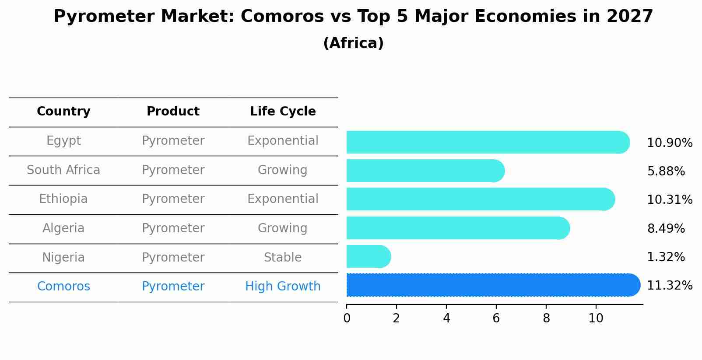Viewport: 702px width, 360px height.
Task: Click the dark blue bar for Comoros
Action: click(x=492, y=285)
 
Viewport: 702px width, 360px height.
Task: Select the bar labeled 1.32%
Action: click(x=368, y=256)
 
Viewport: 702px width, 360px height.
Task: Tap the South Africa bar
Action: click(x=425, y=171)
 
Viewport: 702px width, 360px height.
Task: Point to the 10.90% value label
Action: click(x=669, y=143)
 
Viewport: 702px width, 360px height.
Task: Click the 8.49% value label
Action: click(x=666, y=228)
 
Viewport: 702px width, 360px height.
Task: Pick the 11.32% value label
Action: click(x=669, y=286)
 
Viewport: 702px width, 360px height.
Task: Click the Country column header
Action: click(x=63, y=112)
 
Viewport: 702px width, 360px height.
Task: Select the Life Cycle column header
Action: click(x=283, y=112)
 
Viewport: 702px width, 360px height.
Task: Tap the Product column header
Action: click(x=173, y=112)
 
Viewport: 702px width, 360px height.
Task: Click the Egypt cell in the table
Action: click(x=63, y=141)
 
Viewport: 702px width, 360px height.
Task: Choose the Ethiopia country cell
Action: click(x=63, y=199)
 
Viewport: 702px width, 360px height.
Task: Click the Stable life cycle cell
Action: click(x=283, y=257)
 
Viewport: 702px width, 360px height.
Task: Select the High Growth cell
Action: click(x=283, y=287)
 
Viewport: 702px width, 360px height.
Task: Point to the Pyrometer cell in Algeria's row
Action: click(x=173, y=228)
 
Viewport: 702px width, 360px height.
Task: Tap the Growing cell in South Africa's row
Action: click(x=283, y=170)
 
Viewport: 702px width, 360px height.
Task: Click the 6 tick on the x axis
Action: click(x=496, y=318)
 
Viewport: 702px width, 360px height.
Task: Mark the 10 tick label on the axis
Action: click(x=596, y=318)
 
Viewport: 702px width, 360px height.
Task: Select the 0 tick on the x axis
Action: click(x=347, y=318)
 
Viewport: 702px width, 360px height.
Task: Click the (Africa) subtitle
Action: click(x=353, y=43)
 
